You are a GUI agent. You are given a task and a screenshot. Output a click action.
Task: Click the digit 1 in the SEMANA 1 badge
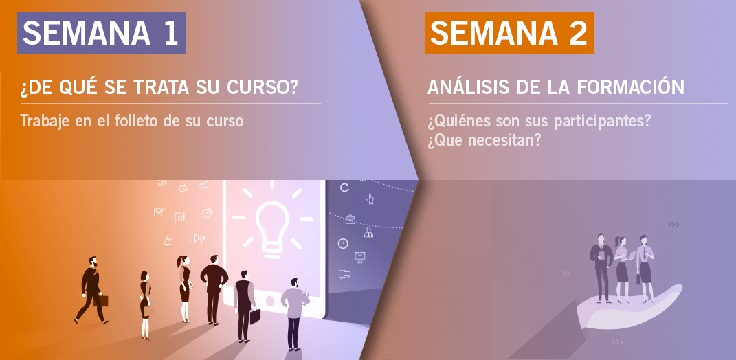171,34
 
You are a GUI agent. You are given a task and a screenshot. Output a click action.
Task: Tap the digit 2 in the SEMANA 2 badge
579,34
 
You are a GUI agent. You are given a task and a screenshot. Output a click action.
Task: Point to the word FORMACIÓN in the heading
630,87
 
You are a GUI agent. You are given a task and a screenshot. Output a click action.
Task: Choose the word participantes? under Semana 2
602,122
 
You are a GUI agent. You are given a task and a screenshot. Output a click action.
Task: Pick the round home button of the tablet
271,301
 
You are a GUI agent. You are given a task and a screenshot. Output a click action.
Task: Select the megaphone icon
198,238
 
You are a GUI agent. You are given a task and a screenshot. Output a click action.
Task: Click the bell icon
168,240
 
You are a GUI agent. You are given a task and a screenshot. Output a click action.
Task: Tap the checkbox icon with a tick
159,212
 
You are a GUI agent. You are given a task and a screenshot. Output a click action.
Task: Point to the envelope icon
359,256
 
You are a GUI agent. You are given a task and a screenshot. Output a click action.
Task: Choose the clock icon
343,244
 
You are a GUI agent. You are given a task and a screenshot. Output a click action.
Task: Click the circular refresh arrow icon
344,188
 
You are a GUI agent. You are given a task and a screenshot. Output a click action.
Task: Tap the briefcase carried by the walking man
102,301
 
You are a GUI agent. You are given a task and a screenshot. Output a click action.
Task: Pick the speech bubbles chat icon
344,275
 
